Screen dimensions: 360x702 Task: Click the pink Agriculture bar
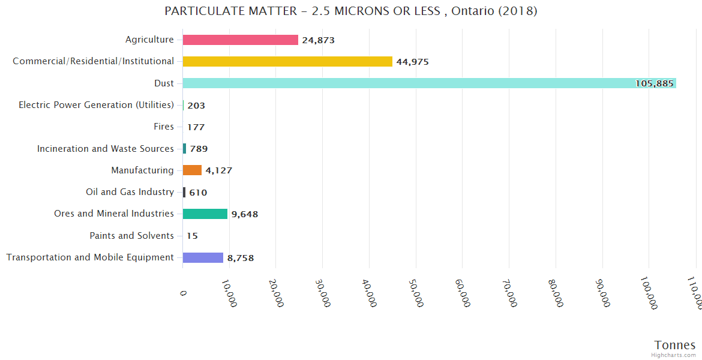(x=240, y=40)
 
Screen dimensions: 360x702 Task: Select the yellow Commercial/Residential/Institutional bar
(x=287, y=61)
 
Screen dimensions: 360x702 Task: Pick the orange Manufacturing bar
(x=192, y=170)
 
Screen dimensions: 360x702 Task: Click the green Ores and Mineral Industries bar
(x=205, y=214)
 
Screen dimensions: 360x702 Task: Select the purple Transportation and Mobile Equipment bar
(x=203, y=257)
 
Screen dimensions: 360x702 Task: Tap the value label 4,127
(x=218, y=170)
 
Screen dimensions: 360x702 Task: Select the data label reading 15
(x=192, y=236)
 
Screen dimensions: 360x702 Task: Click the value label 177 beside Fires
(x=196, y=127)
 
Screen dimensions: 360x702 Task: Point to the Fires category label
(x=164, y=127)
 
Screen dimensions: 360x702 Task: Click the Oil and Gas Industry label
(x=130, y=192)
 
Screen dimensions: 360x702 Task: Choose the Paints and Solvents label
(x=131, y=236)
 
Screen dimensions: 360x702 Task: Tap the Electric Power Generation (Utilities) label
(x=96, y=105)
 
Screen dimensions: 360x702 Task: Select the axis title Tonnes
(x=674, y=345)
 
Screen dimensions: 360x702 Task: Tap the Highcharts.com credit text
(x=674, y=355)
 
